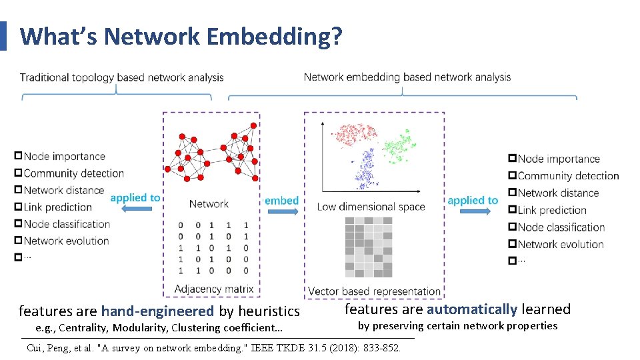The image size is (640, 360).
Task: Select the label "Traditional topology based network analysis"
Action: [122, 77]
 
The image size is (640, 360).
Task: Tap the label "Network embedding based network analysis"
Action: [407, 77]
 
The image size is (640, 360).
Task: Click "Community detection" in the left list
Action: [74, 173]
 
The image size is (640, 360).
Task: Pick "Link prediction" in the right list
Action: [551, 210]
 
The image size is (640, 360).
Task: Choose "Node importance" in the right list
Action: [559, 159]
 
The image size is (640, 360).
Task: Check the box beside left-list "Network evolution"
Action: [18, 241]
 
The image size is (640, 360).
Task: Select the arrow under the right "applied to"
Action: [473, 211]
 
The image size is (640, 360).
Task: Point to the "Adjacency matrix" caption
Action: [213, 289]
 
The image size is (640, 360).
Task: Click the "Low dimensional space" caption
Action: [371, 207]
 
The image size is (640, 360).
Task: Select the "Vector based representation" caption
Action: [374, 291]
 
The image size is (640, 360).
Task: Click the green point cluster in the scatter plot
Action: [398, 145]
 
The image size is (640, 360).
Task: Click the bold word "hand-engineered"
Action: [157, 311]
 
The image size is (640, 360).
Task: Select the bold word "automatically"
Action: [472, 309]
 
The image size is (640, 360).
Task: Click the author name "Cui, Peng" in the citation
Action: [50, 347]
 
